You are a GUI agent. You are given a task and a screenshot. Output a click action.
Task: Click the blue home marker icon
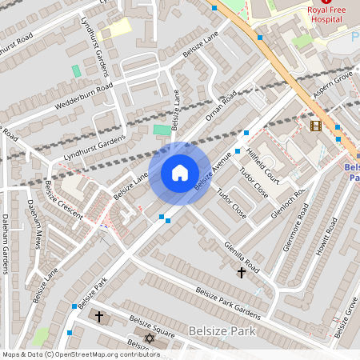click(x=180, y=173)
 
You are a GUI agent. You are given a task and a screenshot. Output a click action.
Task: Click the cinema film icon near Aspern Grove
click(x=315, y=126)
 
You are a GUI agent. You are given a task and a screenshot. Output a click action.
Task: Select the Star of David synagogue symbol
click(x=148, y=339)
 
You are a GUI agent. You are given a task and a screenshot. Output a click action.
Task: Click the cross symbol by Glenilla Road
click(x=242, y=273)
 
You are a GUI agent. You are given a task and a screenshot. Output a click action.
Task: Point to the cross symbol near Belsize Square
click(x=99, y=317)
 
